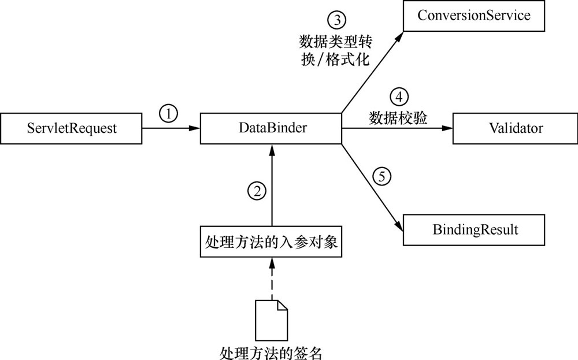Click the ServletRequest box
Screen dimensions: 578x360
coord(71,128)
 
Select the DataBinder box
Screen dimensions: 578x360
coord(271,128)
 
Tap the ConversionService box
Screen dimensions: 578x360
coord(474,16)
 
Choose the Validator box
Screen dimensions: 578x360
coord(516,128)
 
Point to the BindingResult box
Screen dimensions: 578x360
coord(474,230)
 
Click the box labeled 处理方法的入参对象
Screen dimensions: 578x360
coord(271,242)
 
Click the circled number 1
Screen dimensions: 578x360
coord(168,114)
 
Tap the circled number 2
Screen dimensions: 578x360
coord(257,191)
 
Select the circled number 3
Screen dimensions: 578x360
coord(337,20)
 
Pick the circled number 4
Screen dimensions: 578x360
coord(399,97)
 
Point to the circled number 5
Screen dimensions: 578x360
coord(382,176)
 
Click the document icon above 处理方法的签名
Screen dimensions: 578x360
coord(271,320)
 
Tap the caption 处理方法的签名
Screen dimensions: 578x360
coord(271,353)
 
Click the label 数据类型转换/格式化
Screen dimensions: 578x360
coord(335,50)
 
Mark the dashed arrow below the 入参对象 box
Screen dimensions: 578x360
coord(272,279)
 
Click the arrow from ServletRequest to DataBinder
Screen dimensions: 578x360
coord(171,128)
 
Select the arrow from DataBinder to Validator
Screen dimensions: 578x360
coord(397,128)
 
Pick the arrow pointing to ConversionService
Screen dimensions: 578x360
coord(372,72)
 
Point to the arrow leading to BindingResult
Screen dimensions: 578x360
coord(372,188)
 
